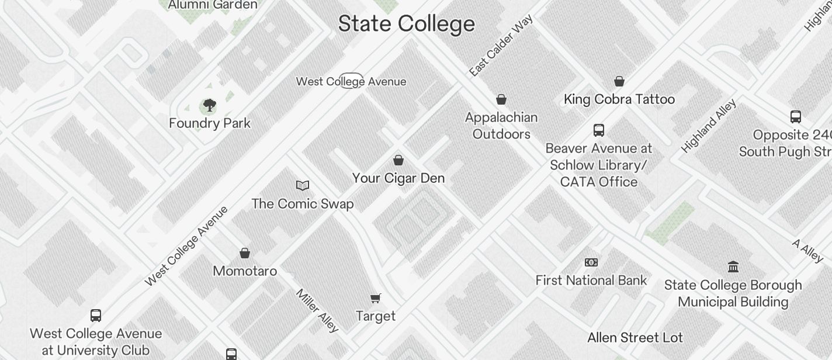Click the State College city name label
tap(406, 24)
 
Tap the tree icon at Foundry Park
tap(209, 106)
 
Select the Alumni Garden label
tap(213, 5)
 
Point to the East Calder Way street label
tap(501, 46)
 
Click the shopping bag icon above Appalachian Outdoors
tap(501, 99)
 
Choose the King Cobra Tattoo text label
tap(619, 99)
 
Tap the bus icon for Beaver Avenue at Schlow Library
tap(598, 130)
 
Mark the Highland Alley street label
tap(709, 126)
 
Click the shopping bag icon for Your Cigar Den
tap(398, 160)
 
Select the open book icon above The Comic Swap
tap(302, 186)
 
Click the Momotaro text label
tap(245, 271)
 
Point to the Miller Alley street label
tap(317, 310)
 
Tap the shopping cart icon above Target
tap(376, 299)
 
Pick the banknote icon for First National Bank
tap(591, 262)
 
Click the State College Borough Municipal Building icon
tap(733, 267)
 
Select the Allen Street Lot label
tap(635, 338)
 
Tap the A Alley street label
tap(808, 251)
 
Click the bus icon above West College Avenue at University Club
tap(96, 316)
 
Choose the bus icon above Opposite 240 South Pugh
tap(795, 117)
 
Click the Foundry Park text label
tap(209, 123)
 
